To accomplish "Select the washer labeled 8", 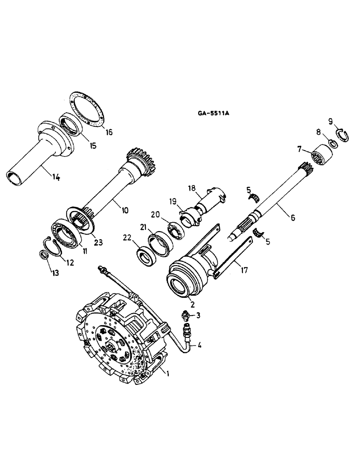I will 333,143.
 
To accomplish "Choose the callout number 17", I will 242,268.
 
